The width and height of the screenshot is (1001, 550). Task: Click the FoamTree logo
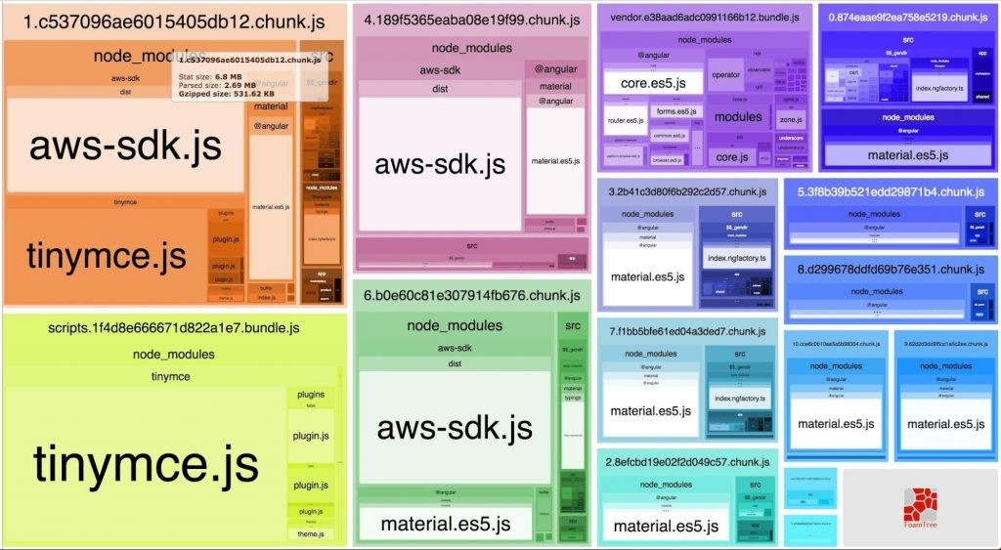[x=920, y=507]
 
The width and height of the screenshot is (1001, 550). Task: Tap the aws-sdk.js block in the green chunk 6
[x=455, y=427]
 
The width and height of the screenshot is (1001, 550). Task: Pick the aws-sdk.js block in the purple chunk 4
[x=440, y=163]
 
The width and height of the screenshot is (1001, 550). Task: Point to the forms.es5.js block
[x=675, y=111]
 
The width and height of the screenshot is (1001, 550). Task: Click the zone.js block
[x=791, y=120]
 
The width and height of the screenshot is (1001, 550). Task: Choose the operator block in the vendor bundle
[x=725, y=75]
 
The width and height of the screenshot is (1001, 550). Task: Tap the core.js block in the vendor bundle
[x=731, y=156]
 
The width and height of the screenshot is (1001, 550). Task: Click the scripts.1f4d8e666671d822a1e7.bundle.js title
[x=174, y=326]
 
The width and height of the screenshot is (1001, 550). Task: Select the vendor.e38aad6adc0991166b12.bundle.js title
[x=704, y=18]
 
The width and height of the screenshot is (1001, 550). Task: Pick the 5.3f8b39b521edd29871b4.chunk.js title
[x=891, y=191]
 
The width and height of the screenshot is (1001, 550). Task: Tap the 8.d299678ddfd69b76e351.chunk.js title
[x=891, y=269]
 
